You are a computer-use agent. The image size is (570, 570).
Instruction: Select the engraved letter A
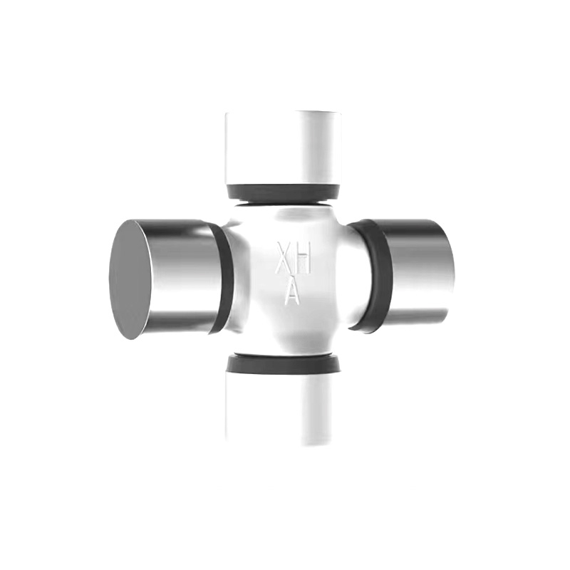(x=293, y=291)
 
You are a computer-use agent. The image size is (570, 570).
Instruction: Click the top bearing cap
(x=283, y=147)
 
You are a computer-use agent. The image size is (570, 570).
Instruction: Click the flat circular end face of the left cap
(x=130, y=279)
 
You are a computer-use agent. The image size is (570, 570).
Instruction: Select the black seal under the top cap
(x=283, y=192)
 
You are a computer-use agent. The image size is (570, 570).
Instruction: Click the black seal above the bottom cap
(x=283, y=365)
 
